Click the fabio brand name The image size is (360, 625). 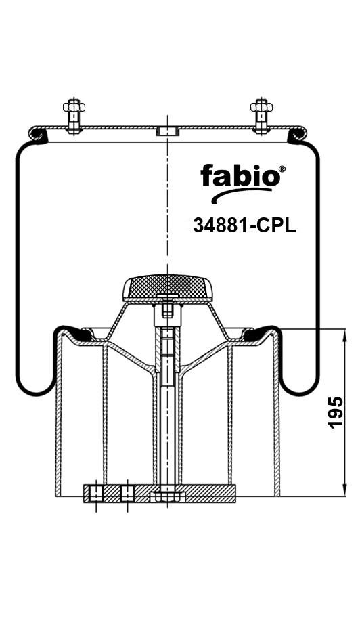point(239,177)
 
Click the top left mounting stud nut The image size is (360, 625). point(73,106)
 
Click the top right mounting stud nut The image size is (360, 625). point(260,106)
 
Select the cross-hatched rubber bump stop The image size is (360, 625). point(166,287)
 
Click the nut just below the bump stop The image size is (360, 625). point(166,313)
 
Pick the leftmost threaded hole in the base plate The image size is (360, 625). point(96,493)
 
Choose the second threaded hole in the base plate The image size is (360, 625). point(127,493)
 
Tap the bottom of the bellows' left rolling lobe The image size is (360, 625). point(37,393)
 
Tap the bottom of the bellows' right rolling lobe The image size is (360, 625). point(298,393)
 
